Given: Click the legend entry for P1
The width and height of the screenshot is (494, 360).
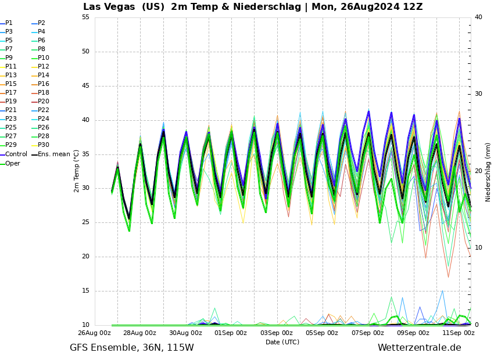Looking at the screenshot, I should click(x=9, y=23).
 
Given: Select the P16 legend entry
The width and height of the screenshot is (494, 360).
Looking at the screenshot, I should click(x=43, y=84).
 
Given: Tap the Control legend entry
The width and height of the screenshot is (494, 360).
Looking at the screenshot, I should click(x=16, y=154).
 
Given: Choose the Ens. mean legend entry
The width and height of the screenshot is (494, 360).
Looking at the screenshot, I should click(x=53, y=154).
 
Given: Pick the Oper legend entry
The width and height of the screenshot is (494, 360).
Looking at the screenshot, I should click(x=12, y=164).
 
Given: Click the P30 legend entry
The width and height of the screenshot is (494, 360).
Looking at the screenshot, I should click(x=43, y=145).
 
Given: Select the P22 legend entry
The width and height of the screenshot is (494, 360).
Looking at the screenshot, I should click(x=43, y=110).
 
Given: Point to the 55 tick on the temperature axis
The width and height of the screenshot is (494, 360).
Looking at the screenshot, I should click(x=85, y=17).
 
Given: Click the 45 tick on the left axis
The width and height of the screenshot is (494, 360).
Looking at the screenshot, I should click(x=85, y=86).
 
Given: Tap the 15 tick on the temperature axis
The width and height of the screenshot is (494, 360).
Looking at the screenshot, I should click(x=85, y=291).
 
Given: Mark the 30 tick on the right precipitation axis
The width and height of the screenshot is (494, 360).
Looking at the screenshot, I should click(x=478, y=93).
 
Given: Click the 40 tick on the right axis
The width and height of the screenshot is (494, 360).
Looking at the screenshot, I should click(x=478, y=17).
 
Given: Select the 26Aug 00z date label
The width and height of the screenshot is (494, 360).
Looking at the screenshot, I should click(x=94, y=333).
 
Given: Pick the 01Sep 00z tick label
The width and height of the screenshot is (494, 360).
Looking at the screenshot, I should click(x=231, y=333).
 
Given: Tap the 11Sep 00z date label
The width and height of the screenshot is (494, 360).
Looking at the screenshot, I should click(x=458, y=333).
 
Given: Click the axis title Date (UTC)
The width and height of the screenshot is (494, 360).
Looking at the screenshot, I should click(x=282, y=342).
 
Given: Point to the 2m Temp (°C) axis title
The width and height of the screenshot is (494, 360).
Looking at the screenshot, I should click(x=77, y=171).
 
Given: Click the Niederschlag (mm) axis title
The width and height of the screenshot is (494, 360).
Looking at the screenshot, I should click(x=488, y=172).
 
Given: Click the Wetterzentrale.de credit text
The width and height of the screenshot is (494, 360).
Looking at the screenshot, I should click(x=419, y=348).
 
